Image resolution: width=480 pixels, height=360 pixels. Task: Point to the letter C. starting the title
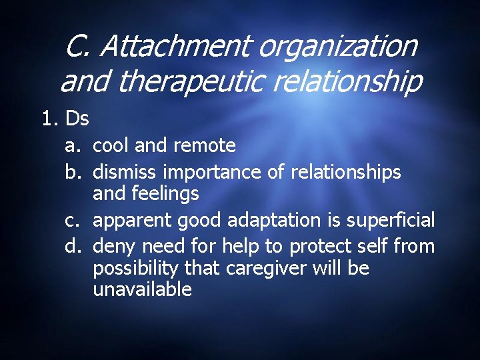tap(80, 47)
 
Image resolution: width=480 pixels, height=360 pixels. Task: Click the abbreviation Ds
tap(77, 119)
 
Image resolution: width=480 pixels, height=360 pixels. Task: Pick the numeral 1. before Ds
tap(51, 119)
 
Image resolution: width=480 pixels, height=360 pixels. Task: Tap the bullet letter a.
tap(73, 145)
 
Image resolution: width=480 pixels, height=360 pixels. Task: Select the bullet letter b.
tap(73, 172)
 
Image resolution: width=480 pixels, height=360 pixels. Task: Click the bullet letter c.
tap(73, 220)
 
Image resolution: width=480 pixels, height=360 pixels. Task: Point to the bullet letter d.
tap(73, 247)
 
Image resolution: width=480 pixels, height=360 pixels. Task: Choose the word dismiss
tap(125, 172)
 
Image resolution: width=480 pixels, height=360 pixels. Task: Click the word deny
tap(113, 247)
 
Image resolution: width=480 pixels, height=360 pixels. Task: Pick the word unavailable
tap(142, 289)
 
